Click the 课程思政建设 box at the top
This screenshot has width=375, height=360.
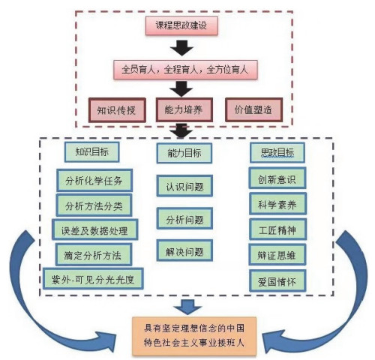[181, 25]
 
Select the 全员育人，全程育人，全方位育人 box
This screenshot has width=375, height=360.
[185, 70]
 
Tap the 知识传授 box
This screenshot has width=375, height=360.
[117, 110]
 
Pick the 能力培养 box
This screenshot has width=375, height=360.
[184, 109]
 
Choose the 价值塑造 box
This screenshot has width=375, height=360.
[253, 109]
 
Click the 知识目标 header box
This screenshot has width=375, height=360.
[91, 152]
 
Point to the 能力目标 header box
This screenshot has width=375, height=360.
[184, 153]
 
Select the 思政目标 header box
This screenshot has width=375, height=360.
[277, 152]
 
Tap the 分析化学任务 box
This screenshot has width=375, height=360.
[94, 180]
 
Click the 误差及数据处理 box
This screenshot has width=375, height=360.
[94, 229]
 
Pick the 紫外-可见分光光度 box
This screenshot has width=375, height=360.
[93, 279]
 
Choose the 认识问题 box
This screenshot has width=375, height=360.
[184, 186]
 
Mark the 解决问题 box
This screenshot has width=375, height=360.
[184, 250]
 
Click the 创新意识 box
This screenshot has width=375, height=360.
[277, 178]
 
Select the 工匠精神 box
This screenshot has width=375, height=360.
[277, 229]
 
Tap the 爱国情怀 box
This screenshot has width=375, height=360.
[277, 281]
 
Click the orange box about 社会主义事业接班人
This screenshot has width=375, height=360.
[194, 336]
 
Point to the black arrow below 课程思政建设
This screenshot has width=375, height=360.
[181, 48]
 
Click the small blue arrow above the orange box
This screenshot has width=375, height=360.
[187, 307]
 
